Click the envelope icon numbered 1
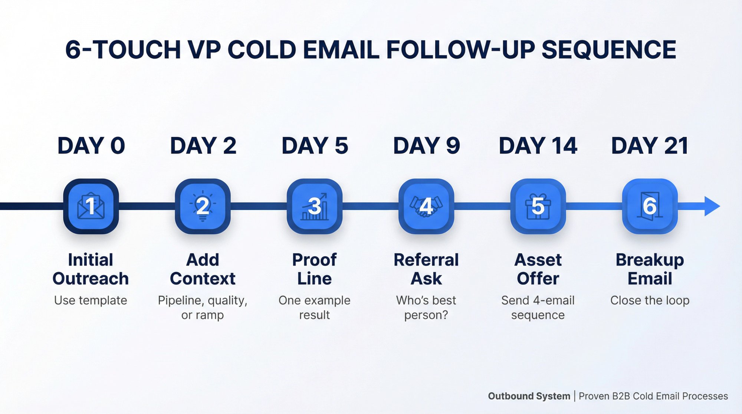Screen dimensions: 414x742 point(91,206)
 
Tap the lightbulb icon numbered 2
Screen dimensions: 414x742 point(203,206)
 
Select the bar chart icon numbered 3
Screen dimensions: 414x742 point(315,206)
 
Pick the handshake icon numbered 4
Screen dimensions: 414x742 point(426,206)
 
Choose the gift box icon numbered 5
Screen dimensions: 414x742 point(538,206)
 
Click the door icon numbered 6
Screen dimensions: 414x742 point(650,206)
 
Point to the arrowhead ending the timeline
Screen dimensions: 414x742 point(712,206)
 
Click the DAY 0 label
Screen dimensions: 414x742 point(91,145)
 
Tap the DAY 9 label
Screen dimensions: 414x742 point(426,145)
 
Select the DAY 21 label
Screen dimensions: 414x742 point(650,145)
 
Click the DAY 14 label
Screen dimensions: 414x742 point(538,145)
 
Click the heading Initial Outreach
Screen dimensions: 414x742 point(91,269)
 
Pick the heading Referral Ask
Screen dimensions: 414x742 point(426,269)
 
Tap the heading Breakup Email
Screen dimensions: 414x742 point(650,269)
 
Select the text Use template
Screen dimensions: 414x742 point(91,300)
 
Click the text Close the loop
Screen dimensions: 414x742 point(650,300)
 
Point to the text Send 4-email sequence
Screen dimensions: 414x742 point(538,308)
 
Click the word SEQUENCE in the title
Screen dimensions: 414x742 point(609,50)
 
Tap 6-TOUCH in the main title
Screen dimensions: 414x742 point(123,50)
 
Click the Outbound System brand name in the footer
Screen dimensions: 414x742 point(529,396)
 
